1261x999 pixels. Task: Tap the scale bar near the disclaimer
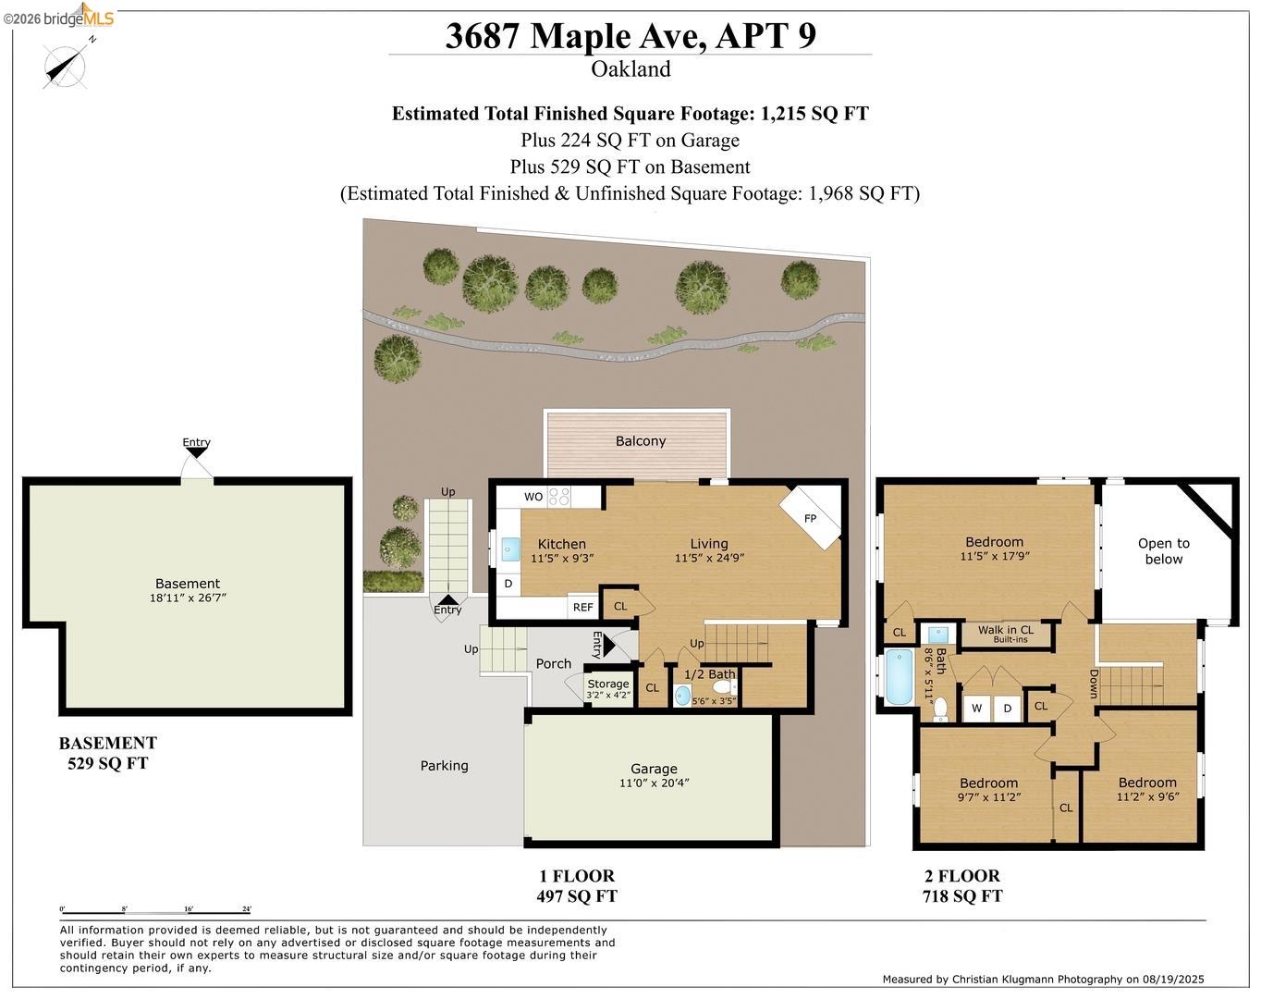pos(155,913)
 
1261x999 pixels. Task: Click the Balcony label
pos(641,441)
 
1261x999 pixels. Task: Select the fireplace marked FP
pos(811,518)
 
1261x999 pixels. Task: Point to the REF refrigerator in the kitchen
pos(583,608)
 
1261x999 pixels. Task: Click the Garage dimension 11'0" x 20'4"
pos(654,783)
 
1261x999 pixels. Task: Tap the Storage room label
pos(608,684)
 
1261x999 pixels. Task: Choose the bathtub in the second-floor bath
pos(899,676)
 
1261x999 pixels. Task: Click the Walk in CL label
pos(1006,630)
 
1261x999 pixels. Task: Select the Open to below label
pos(1164,551)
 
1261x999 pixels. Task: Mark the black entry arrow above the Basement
pos(196,452)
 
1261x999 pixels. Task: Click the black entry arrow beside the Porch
pos(609,646)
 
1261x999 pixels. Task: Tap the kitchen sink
pos(510,549)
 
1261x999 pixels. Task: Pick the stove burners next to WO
pos(558,497)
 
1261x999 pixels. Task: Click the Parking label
pos(444,766)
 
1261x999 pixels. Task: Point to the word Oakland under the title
pos(630,69)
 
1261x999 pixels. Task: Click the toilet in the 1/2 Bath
pos(726,688)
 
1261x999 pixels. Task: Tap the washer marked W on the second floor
pos(977,709)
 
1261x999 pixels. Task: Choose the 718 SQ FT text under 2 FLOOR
pos(962,895)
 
